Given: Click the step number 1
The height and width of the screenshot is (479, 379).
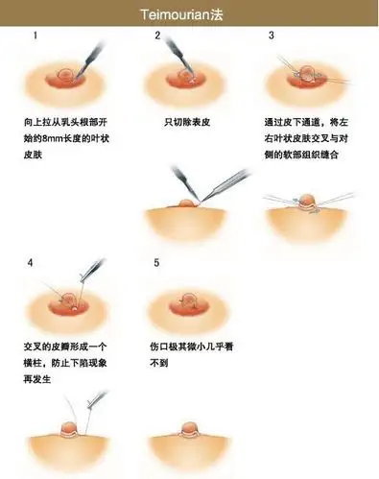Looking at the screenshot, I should pos(36,36).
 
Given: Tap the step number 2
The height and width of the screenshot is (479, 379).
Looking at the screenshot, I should pos(157,36).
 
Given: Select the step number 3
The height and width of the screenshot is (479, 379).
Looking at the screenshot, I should pos(272,36).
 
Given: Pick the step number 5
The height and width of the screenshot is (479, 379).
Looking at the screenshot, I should pos(156,261).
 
